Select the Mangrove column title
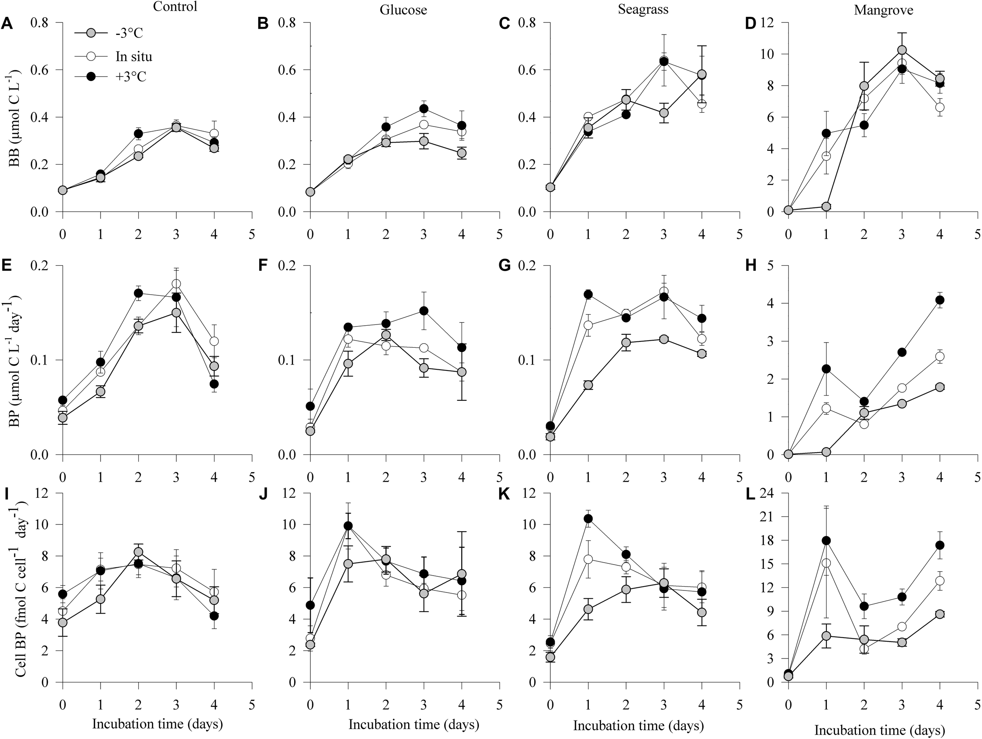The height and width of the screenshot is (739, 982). tap(883, 10)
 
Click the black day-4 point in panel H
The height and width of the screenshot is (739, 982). tap(940, 300)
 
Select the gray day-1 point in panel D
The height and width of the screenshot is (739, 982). tap(826, 207)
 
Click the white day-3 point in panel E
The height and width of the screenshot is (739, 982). tap(176, 284)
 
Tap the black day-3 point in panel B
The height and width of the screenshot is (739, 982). tap(423, 109)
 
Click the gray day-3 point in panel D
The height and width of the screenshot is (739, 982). tap(902, 50)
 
